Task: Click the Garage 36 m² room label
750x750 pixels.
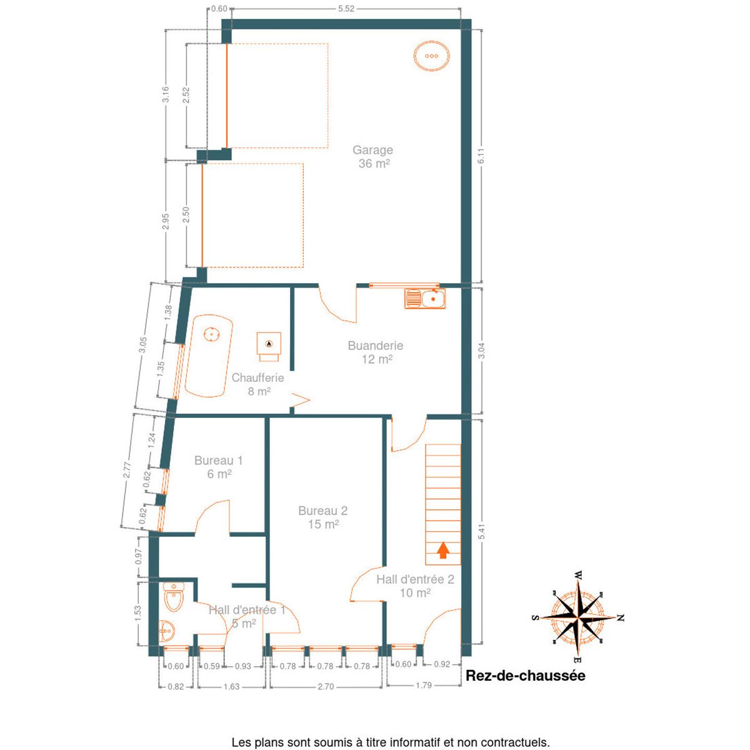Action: point(372,156)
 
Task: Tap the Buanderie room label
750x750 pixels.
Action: point(375,345)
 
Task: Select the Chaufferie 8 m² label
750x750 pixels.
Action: point(257,384)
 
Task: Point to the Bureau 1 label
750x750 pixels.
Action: point(218,461)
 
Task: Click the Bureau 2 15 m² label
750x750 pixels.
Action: point(323,517)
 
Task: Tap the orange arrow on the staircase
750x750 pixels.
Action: point(443,551)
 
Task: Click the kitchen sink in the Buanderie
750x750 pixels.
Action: point(424,299)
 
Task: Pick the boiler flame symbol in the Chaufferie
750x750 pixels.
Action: point(269,344)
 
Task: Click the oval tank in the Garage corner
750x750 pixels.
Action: point(431,56)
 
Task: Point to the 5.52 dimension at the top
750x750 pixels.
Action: point(346,9)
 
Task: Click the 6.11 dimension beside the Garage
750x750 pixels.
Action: point(482,156)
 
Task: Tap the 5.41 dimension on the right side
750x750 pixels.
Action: point(482,531)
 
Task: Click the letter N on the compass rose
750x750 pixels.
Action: point(621,617)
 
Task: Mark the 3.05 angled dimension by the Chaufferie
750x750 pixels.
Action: point(143,344)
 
